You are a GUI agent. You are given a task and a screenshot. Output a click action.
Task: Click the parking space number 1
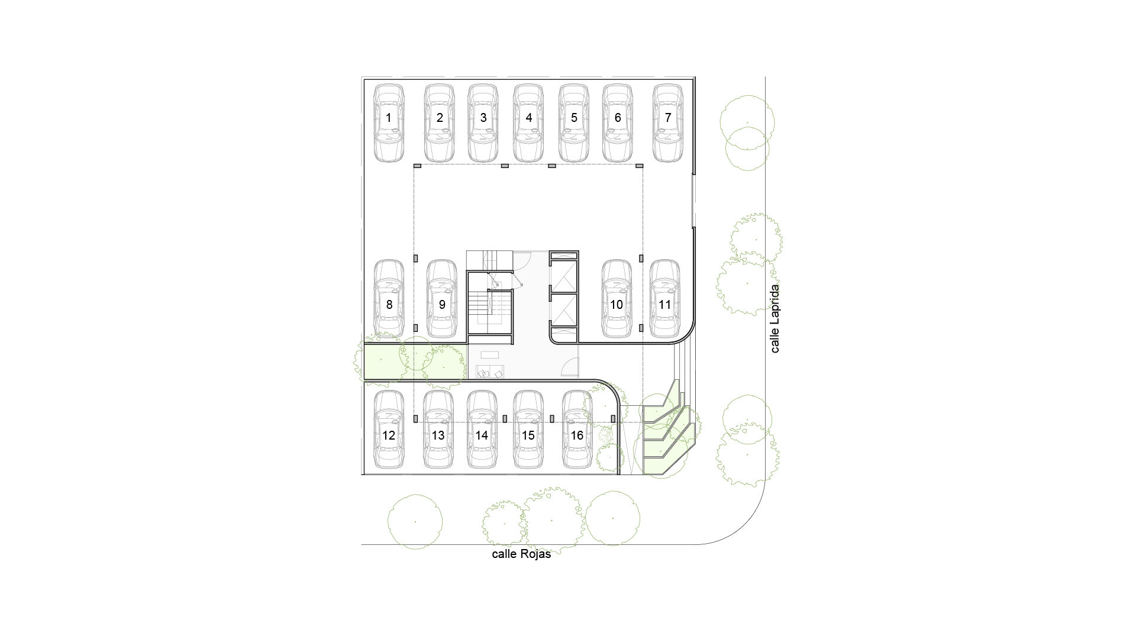pyautogui.click(x=389, y=118)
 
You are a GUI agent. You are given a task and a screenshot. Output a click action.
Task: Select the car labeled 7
pyautogui.click(x=668, y=123)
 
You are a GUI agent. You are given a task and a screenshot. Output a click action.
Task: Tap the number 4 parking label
pyautogui.click(x=529, y=118)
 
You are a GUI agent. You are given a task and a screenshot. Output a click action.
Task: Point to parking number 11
pyautogui.click(x=665, y=305)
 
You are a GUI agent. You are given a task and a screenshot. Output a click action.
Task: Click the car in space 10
pyautogui.click(x=617, y=299)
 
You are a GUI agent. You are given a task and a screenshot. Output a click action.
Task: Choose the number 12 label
pyautogui.click(x=389, y=435)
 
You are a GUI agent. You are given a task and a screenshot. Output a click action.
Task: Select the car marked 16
pyautogui.click(x=577, y=430)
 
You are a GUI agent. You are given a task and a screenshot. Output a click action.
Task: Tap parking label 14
pyautogui.click(x=482, y=435)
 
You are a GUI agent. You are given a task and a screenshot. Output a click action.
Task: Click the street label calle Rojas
pyautogui.click(x=521, y=554)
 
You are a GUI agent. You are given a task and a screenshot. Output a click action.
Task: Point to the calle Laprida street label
pyautogui.click(x=774, y=319)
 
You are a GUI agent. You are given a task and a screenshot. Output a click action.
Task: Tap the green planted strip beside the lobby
pyautogui.click(x=414, y=362)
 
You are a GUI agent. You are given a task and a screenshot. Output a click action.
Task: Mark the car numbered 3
pyautogui.click(x=483, y=123)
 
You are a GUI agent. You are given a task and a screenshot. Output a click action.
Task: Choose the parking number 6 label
pyautogui.click(x=618, y=118)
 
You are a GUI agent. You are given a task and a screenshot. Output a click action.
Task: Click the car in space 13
pyautogui.click(x=438, y=430)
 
